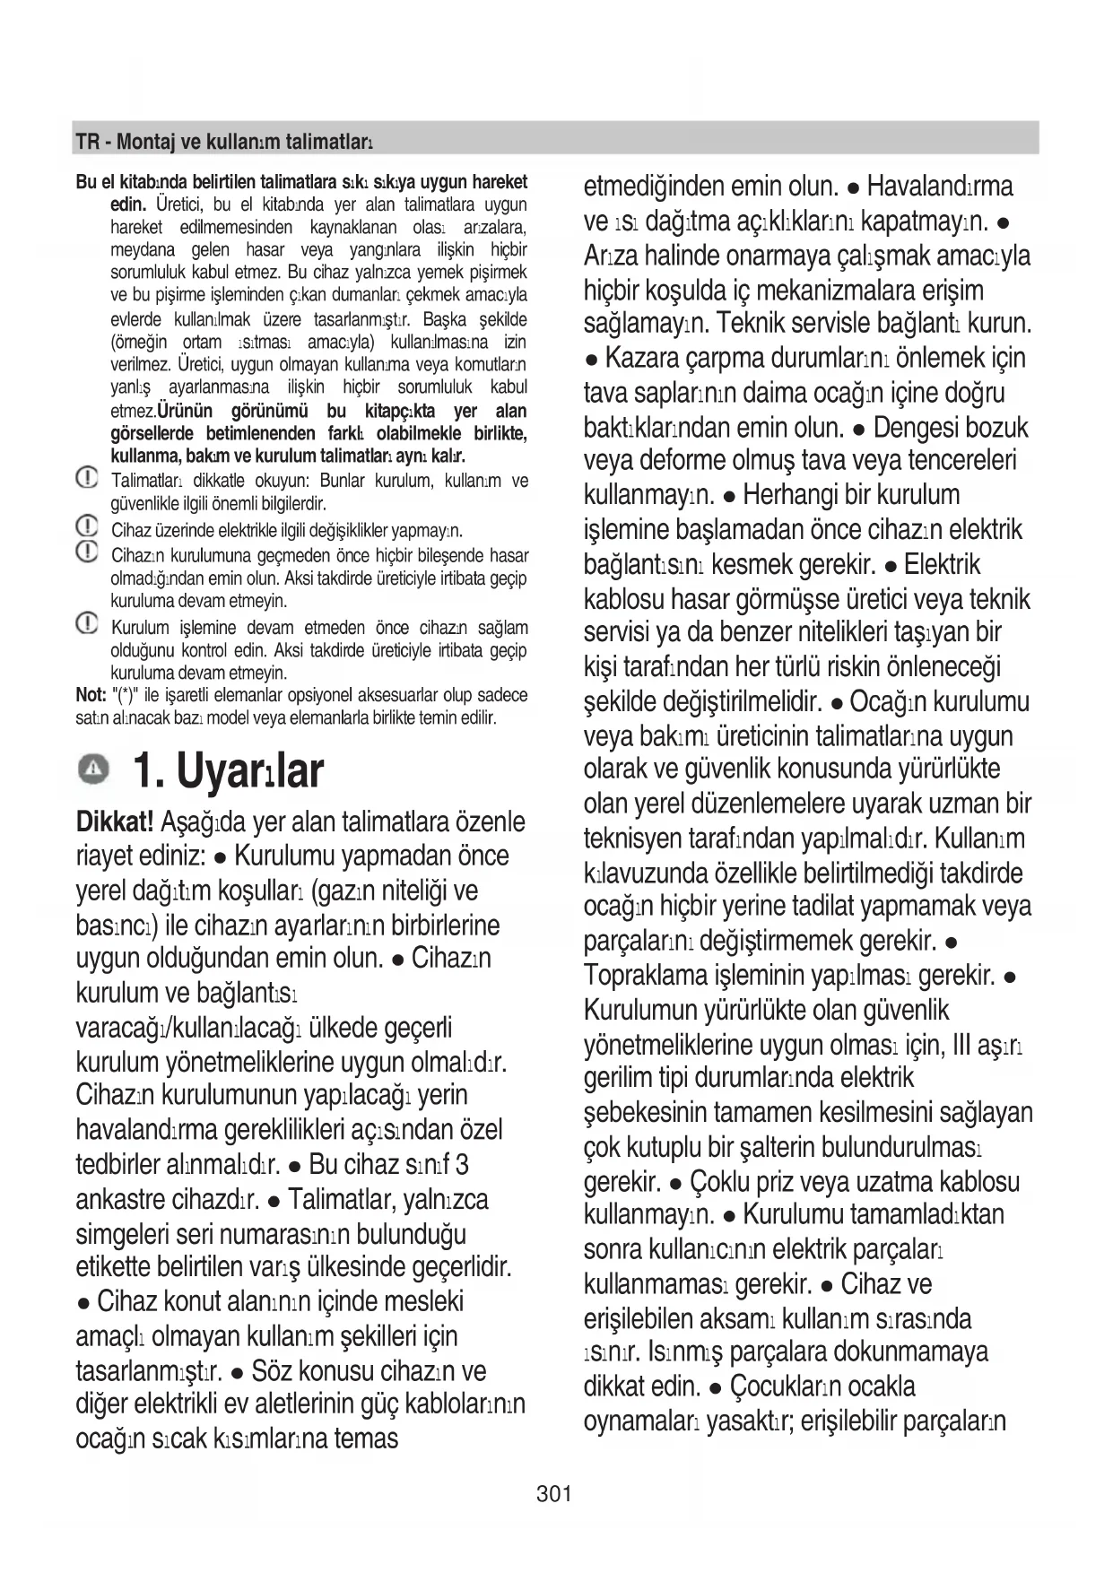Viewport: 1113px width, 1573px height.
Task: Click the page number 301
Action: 553,1493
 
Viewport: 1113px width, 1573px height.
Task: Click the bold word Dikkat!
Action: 114,821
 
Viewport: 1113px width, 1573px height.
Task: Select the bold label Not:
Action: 91,695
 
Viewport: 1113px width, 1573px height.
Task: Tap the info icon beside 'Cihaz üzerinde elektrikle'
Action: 87,526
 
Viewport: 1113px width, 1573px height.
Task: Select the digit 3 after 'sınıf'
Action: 461,1165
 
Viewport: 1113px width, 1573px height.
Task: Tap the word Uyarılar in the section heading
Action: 250,769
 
